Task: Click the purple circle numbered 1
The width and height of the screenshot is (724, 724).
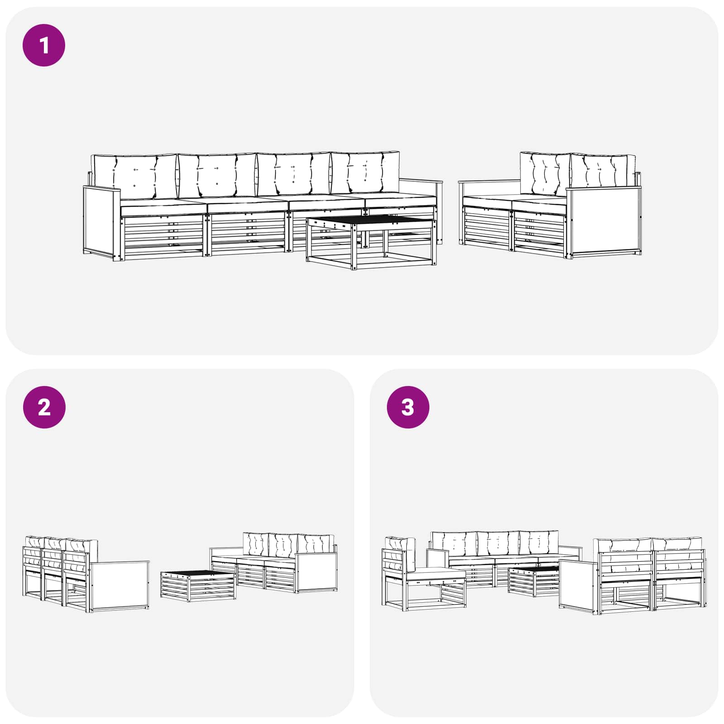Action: (x=44, y=45)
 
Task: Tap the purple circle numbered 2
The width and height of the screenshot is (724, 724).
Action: (x=44, y=407)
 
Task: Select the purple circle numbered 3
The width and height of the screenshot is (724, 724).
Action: (x=408, y=407)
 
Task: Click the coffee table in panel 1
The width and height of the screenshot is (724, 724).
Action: (x=371, y=242)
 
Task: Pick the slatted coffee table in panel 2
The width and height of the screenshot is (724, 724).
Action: (x=198, y=586)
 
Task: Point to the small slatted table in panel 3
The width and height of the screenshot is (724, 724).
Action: (x=534, y=581)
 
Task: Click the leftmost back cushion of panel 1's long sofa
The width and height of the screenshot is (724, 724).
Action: (x=134, y=177)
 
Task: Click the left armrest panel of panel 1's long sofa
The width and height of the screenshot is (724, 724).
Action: (x=102, y=222)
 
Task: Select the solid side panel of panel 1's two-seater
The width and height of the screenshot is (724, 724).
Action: (x=604, y=222)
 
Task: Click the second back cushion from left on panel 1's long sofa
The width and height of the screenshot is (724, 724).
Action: (x=217, y=176)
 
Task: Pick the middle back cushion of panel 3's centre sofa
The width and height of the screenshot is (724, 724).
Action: (x=498, y=544)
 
